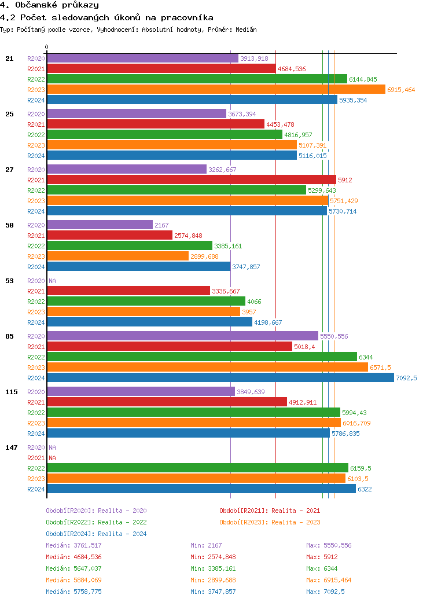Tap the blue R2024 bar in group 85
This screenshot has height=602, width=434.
tap(220, 377)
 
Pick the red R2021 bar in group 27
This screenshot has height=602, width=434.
tap(191, 179)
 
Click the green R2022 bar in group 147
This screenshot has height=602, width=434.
tap(197, 468)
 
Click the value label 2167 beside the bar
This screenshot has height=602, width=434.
tap(161, 225)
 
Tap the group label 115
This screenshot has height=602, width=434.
tap(12, 392)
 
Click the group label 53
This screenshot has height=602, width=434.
tap(9, 281)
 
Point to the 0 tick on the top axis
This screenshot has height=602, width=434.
tap(47, 47)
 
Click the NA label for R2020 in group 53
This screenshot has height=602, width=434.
tap(52, 281)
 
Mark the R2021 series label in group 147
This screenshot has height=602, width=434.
tap(36, 458)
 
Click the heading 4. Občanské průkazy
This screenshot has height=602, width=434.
tap(49, 5)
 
